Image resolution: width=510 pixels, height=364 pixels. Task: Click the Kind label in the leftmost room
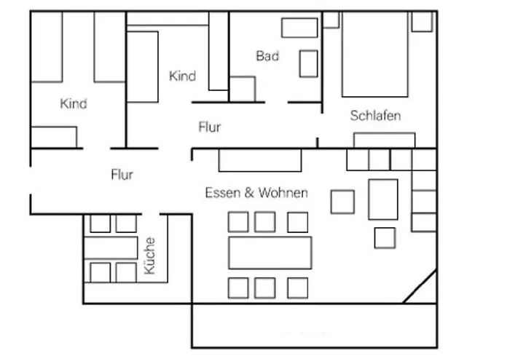click(74, 104)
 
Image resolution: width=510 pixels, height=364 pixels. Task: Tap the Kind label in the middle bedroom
click(182, 76)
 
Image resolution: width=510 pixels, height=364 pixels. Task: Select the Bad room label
click(267, 56)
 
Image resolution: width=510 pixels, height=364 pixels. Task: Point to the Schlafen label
click(375, 116)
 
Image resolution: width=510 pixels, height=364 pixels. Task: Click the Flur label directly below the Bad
click(209, 127)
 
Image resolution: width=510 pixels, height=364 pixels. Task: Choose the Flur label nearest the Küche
click(122, 175)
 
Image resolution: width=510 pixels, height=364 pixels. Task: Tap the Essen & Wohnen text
click(256, 193)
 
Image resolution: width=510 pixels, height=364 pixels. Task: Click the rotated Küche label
click(150, 256)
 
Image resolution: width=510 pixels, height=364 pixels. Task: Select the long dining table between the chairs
click(270, 253)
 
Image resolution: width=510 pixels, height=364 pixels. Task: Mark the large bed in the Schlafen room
click(374, 55)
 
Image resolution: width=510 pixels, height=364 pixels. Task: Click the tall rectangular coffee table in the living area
click(383, 199)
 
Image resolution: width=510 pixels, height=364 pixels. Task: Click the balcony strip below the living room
click(314, 324)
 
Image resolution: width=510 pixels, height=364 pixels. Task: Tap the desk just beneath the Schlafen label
click(384, 140)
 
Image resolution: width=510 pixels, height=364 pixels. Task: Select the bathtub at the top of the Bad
click(299, 28)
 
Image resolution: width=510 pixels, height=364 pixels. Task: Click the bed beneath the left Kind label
click(54, 136)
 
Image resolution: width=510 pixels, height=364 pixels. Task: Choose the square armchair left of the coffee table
click(342, 201)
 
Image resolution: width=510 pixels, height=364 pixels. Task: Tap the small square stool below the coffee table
click(385, 237)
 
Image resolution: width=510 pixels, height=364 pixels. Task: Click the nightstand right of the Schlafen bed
click(422, 21)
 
